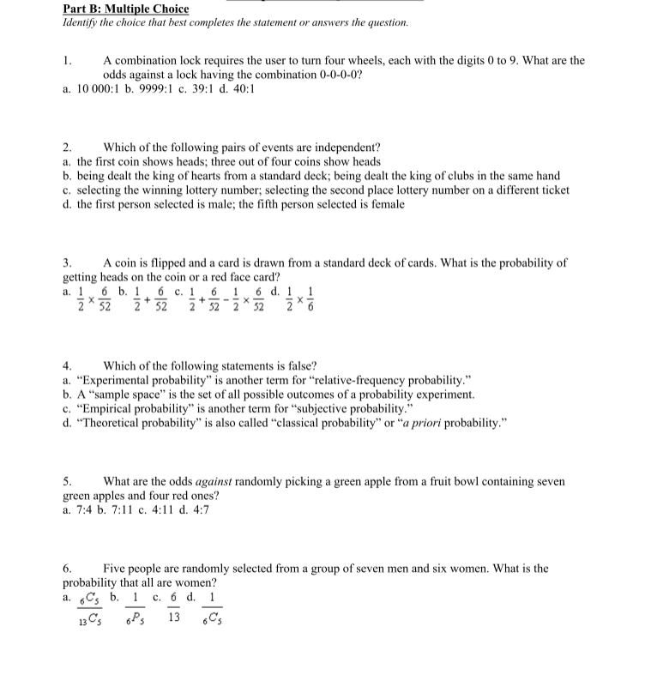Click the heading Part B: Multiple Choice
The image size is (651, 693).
pos(126,9)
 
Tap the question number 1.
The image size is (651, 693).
pos(67,61)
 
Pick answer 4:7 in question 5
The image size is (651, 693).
pos(196,510)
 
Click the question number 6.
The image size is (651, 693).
pos(67,569)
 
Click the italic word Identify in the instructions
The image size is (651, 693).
pos(82,22)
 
